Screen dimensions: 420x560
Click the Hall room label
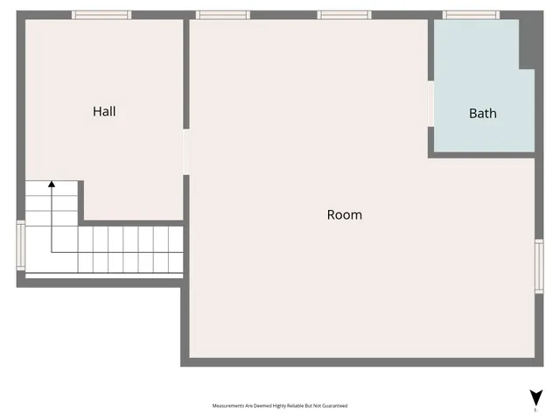[104, 111]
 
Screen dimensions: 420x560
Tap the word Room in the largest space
[344, 214]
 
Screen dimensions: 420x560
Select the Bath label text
[482, 113]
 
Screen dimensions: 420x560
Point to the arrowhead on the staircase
[52, 185]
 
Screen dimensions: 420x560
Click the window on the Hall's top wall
[101, 15]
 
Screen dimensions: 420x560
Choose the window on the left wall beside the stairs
[21, 245]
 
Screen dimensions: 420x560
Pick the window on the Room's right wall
[539, 265]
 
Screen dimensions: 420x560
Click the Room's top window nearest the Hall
[222, 15]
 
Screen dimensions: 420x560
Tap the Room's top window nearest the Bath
[344, 15]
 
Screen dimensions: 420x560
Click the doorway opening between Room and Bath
[430, 103]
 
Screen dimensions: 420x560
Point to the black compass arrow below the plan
[535, 397]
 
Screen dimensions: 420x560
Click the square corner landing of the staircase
[52, 249]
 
